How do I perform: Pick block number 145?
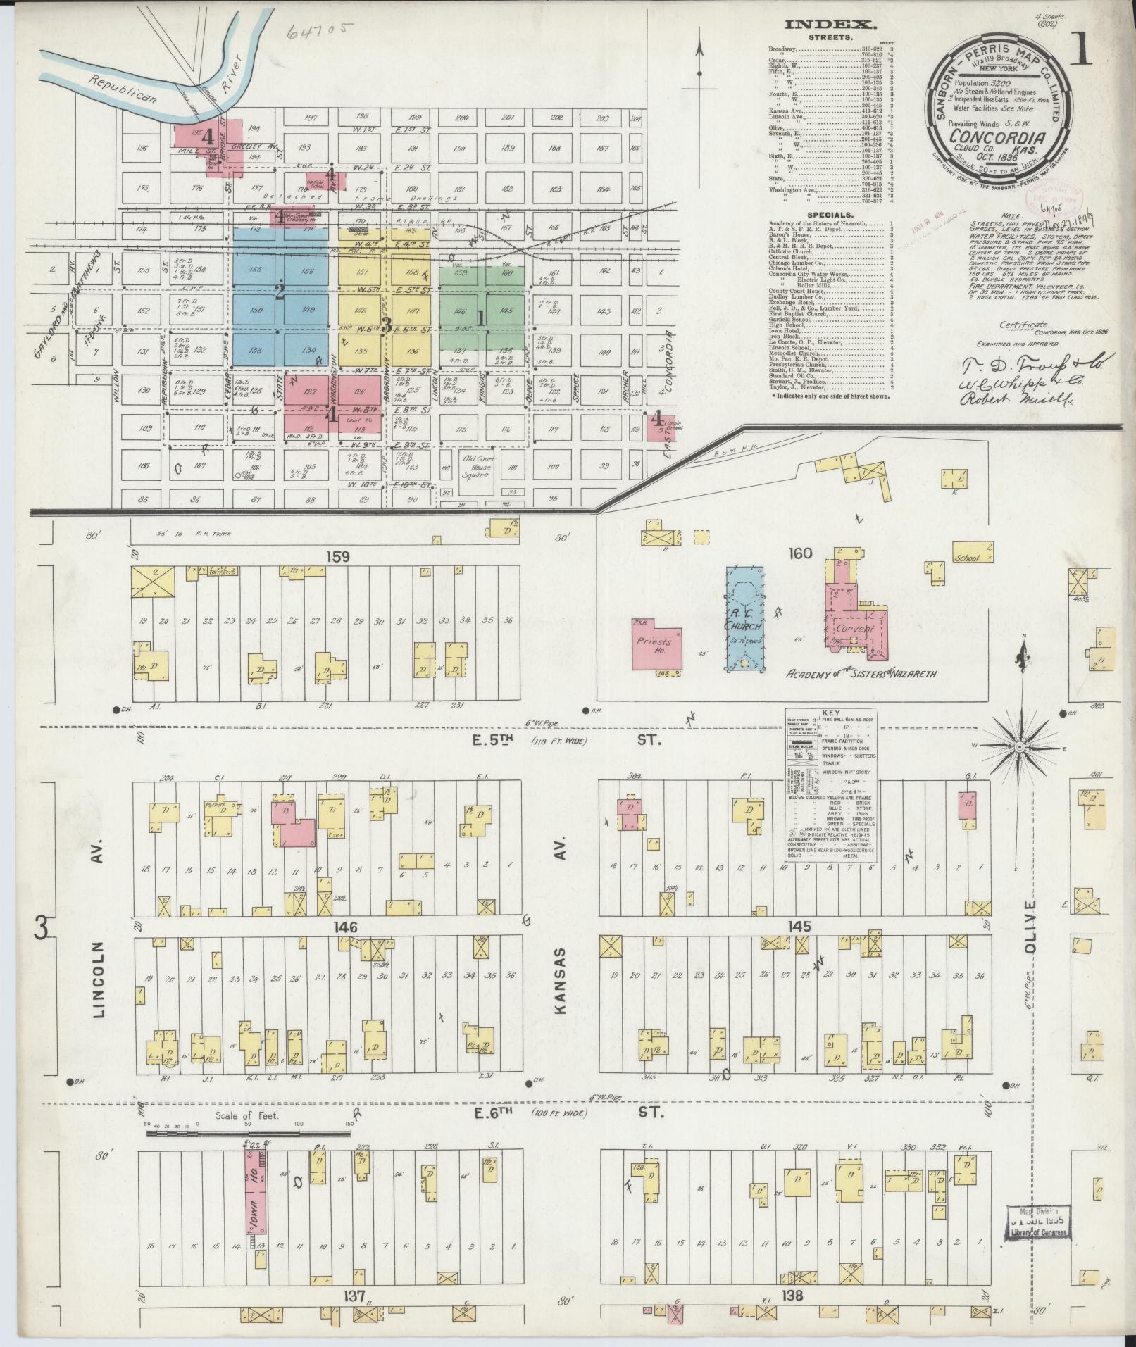(x=800, y=926)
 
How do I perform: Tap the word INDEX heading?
(x=831, y=25)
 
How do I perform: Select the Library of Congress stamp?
(x=1035, y=1222)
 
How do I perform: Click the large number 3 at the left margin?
(x=41, y=929)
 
